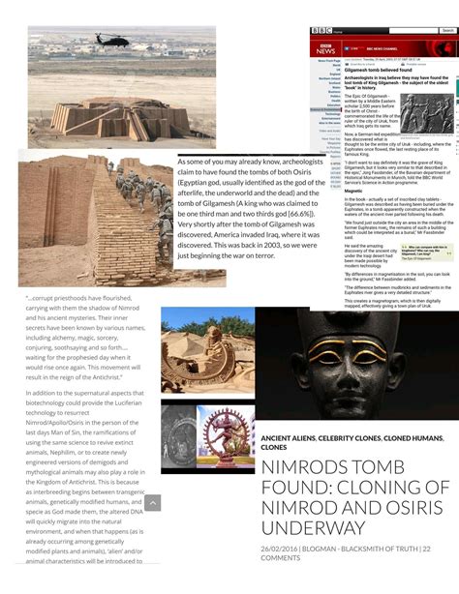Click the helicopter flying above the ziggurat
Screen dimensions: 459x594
coord(107,40)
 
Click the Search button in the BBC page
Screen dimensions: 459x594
coord(446,31)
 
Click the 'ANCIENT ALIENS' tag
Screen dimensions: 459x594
coord(288,438)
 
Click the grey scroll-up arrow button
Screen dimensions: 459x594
coord(152,503)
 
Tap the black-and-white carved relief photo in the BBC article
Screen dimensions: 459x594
coord(426,112)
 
